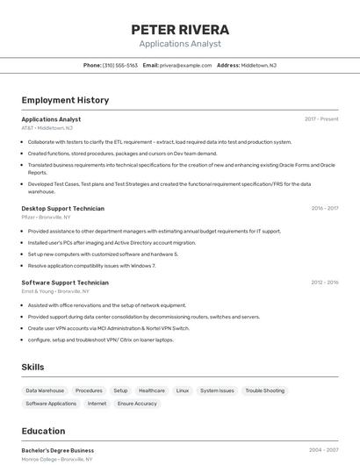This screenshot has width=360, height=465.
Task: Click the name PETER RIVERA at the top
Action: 180,29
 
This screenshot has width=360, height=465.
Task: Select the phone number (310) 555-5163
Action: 120,66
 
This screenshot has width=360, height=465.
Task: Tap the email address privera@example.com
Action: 188,66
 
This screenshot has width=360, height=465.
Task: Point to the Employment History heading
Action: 65,100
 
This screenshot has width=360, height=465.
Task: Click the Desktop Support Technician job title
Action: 62,209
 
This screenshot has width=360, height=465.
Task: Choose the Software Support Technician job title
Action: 65,283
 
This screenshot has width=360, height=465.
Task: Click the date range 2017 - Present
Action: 321,119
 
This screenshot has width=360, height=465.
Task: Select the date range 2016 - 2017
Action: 325,209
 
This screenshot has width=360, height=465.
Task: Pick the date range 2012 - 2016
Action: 325,283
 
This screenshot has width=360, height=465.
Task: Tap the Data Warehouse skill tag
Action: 45,390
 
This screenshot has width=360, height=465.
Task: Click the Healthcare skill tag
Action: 151,390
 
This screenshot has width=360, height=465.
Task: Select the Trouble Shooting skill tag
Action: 264,390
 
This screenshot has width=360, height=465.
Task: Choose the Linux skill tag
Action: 183,390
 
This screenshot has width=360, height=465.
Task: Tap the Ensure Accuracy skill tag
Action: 137,404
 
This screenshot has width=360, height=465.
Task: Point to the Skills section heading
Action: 32,367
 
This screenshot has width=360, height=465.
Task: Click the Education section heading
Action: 43,431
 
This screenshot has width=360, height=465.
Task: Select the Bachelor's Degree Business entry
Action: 58,450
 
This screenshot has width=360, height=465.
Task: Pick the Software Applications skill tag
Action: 51,404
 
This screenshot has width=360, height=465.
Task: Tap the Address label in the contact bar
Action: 228,66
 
